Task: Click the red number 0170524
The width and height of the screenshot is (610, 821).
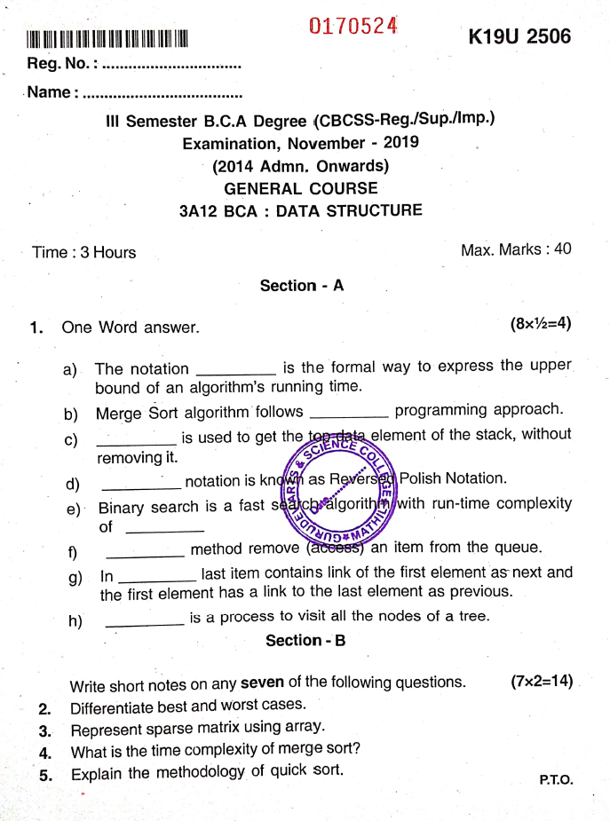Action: [x=353, y=27]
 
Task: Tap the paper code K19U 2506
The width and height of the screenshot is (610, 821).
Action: [x=519, y=37]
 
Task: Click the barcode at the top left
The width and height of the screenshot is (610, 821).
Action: [x=107, y=39]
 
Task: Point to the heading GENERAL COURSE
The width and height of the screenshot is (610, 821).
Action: [x=300, y=188]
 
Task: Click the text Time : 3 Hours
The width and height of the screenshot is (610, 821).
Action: [x=84, y=252]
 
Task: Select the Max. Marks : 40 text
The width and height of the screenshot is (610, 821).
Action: [x=516, y=249]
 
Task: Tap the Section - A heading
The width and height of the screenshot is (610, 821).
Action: [x=301, y=286]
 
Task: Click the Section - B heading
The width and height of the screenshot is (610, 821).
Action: [x=305, y=640]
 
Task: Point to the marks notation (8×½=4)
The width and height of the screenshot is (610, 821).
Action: [x=540, y=324]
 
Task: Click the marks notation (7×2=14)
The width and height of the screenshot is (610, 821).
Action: [x=541, y=682]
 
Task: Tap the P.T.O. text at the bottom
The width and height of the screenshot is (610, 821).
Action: [x=556, y=780]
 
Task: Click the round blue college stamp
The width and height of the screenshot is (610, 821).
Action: [x=342, y=493]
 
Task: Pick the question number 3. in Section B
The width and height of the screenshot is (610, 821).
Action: [x=44, y=731]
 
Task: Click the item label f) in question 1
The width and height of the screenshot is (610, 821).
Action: [x=73, y=552]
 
